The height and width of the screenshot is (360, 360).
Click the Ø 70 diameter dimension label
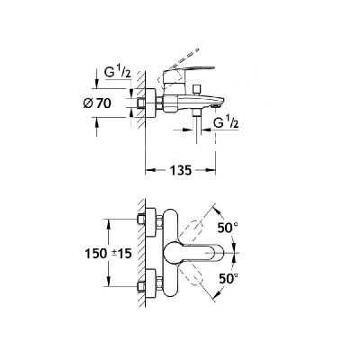(96, 103)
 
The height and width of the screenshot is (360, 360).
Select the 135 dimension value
(181, 170)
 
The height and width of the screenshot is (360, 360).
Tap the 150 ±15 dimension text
(108, 254)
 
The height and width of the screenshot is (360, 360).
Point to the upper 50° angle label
(227, 229)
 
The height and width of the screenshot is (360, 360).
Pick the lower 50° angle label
(229, 279)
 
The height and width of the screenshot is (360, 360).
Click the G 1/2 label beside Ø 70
(117, 72)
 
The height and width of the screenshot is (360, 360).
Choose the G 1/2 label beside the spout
(226, 122)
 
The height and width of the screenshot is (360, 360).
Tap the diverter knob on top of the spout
(197, 89)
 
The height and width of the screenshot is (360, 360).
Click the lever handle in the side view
(188, 71)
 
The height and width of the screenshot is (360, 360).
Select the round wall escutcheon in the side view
(150, 103)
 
